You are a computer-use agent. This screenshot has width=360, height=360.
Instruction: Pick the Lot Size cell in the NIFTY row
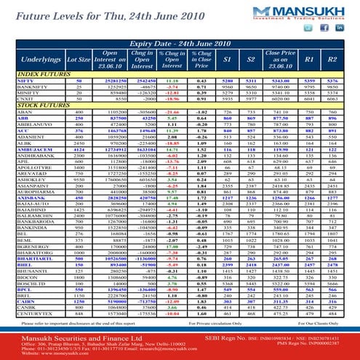tap(79, 80)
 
